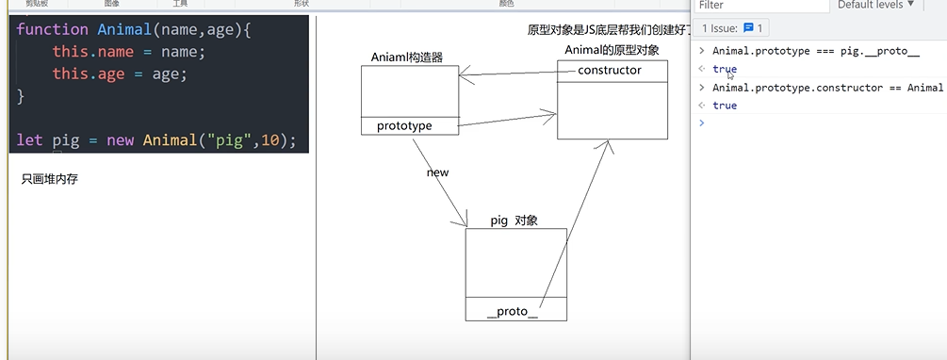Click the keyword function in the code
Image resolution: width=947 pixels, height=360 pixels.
click(53, 29)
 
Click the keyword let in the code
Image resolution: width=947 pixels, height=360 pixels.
click(29, 140)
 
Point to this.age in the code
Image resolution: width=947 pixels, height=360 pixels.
click(89, 74)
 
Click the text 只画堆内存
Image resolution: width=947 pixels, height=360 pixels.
click(49, 179)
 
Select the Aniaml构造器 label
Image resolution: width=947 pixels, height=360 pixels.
click(408, 57)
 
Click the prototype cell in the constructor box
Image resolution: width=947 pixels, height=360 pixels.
click(404, 125)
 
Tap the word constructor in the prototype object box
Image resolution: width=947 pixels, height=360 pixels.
click(609, 70)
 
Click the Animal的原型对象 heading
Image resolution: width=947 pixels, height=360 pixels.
click(612, 49)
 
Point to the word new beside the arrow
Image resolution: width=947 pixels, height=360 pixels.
click(437, 172)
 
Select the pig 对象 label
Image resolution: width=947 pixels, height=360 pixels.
click(514, 221)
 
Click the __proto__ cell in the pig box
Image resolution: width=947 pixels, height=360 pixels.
click(513, 311)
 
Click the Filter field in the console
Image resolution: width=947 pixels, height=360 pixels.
click(754, 6)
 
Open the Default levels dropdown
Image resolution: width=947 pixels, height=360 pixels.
click(876, 6)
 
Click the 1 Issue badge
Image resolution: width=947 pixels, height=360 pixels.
click(734, 28)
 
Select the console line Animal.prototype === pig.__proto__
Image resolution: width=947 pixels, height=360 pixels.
click(815, 51)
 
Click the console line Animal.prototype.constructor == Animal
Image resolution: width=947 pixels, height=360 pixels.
click(827, 88)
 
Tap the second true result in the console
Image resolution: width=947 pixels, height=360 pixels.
click(725, 106)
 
